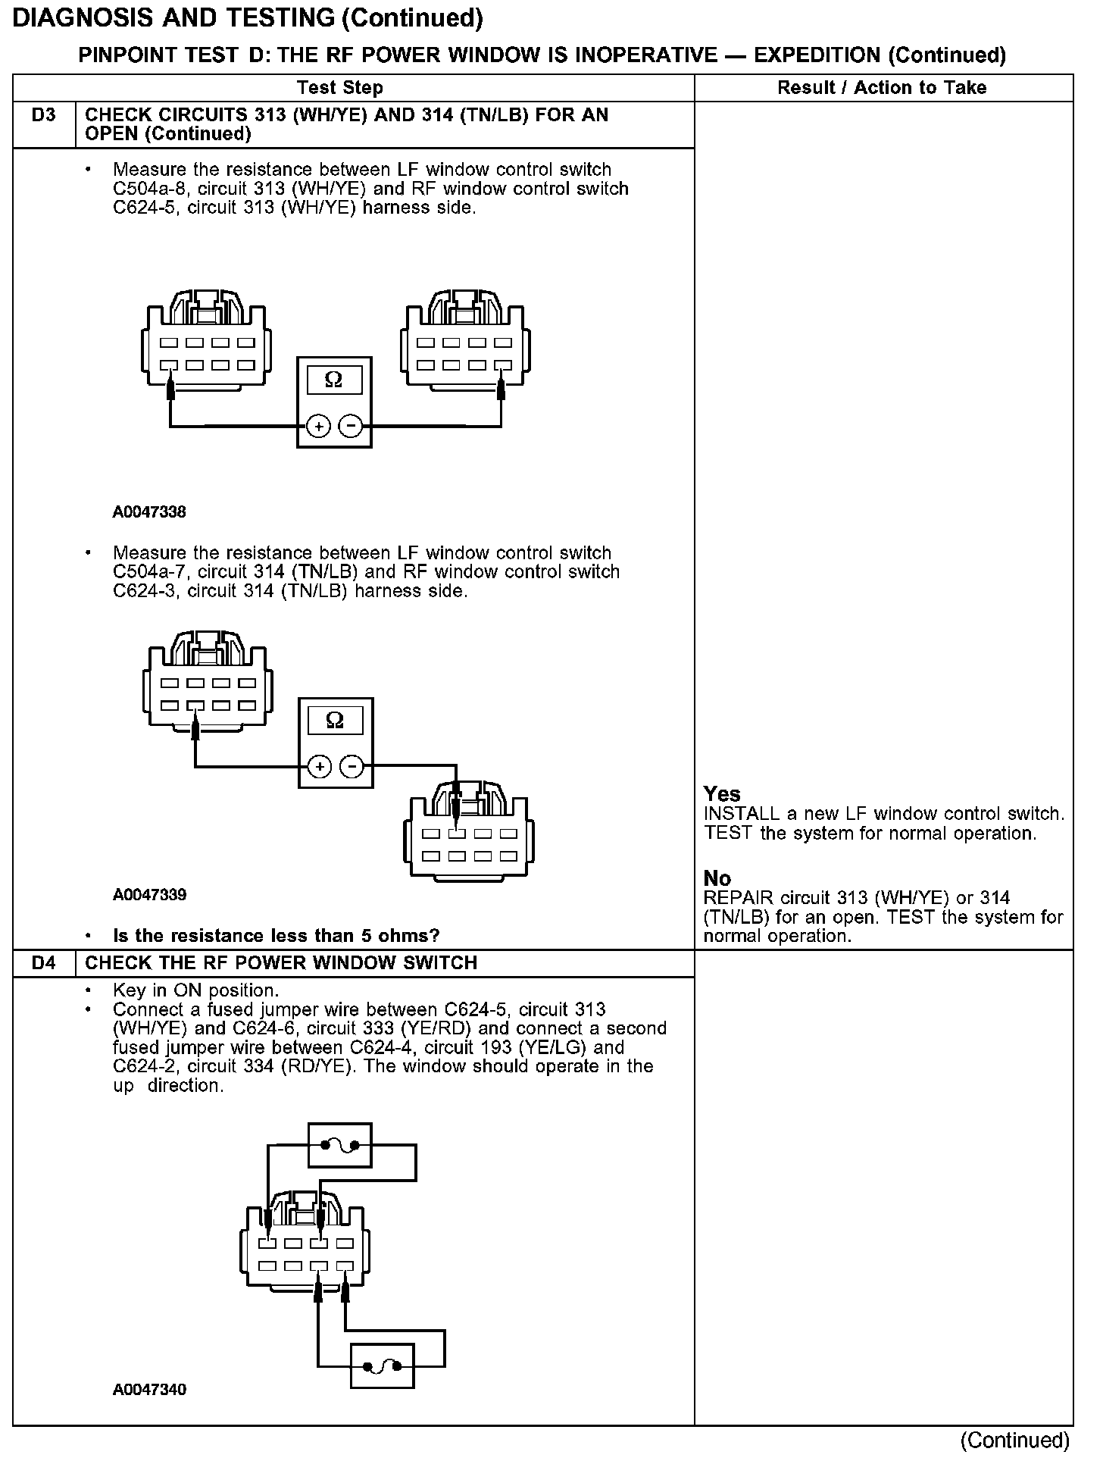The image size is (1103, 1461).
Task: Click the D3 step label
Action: coord(44,116)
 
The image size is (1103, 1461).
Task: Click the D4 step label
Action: coord(44,963)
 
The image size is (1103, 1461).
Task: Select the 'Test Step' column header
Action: coord(340,88)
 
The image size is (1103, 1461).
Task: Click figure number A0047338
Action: coord(149,512)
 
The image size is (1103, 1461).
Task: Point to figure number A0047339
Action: coord(149,895)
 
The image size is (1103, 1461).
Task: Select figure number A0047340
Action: coord(149,1390)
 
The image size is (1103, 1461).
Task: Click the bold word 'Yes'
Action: coord(721,794)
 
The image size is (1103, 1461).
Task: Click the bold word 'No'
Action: coord(717,878)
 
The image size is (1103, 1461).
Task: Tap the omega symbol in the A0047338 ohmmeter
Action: coord(333,380)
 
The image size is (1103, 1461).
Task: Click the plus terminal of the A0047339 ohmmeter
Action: coord(320,768)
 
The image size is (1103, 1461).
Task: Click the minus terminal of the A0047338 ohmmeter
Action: coord(350,427)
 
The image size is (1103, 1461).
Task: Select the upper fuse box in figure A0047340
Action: coord(340,1146)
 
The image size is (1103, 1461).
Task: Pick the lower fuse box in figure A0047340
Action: coord(383,1366)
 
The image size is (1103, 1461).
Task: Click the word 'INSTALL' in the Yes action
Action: coord(742,814)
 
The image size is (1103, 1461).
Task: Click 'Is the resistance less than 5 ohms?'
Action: coord(276,936)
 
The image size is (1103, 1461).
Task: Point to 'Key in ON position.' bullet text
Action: coord(195,990)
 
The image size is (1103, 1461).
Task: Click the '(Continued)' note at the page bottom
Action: coord(1014,1440)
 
